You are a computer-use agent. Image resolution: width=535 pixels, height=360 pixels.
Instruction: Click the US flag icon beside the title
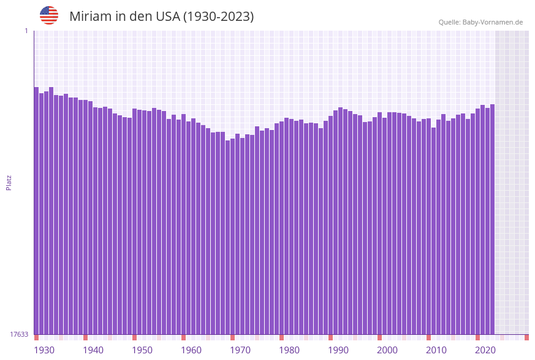click(x=49, y=15)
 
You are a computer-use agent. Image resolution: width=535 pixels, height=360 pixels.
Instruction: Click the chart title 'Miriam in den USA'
click(x=161, y=17)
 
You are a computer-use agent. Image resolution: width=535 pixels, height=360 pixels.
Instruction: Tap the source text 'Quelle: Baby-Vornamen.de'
click(x=480, y=22)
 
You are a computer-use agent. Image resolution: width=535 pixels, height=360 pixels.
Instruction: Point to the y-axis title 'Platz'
click(x=9, y=183)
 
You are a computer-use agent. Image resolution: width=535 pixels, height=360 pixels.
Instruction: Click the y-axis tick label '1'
click(x=26, y=31)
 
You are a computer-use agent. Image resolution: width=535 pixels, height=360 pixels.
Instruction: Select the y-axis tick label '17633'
click(x=19, y=334)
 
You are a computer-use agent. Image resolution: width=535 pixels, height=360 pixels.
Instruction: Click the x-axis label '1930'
click(x=44, y=350)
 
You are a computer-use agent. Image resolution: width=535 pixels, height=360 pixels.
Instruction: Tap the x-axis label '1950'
click(x=142, y=350)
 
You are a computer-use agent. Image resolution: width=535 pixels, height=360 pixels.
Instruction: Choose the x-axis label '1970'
click(x=240, y=350)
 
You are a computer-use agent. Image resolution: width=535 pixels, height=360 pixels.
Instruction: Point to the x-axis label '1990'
click(x=338, y=350)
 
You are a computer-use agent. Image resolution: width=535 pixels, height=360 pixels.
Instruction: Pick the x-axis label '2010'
click(x=436, y=350)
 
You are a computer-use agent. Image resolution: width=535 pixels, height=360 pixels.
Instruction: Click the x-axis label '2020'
click(x=485, y=350)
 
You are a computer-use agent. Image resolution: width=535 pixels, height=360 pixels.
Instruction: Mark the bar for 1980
click(x=282, y=228)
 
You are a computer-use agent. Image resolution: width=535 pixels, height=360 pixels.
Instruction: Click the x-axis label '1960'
click(x=191, y=350)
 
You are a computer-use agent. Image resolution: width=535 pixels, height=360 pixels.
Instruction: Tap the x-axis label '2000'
click(x=387, y=350)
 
